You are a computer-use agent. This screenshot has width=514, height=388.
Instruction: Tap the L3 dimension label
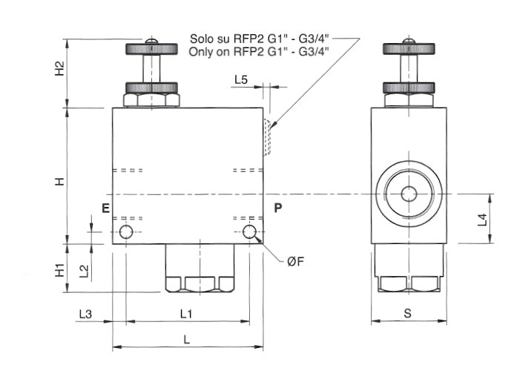[85, 314]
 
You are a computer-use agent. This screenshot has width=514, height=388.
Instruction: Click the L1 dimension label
[186, 314]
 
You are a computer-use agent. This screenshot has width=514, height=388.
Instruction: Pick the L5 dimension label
[240, 79]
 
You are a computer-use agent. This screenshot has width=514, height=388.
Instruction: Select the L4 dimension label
[481, 219]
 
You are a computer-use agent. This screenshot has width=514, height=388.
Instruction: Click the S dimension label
[407, 313]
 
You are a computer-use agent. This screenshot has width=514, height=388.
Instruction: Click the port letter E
[105, 208]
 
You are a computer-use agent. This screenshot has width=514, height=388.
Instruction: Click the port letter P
[277, 208]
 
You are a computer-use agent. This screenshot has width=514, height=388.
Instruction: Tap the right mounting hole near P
[250, 232]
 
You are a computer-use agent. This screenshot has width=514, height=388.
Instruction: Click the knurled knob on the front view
[151, 50]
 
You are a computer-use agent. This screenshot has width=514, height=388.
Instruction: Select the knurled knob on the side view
[408, 50]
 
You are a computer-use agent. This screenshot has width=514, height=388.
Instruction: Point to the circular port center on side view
[409, 194]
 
